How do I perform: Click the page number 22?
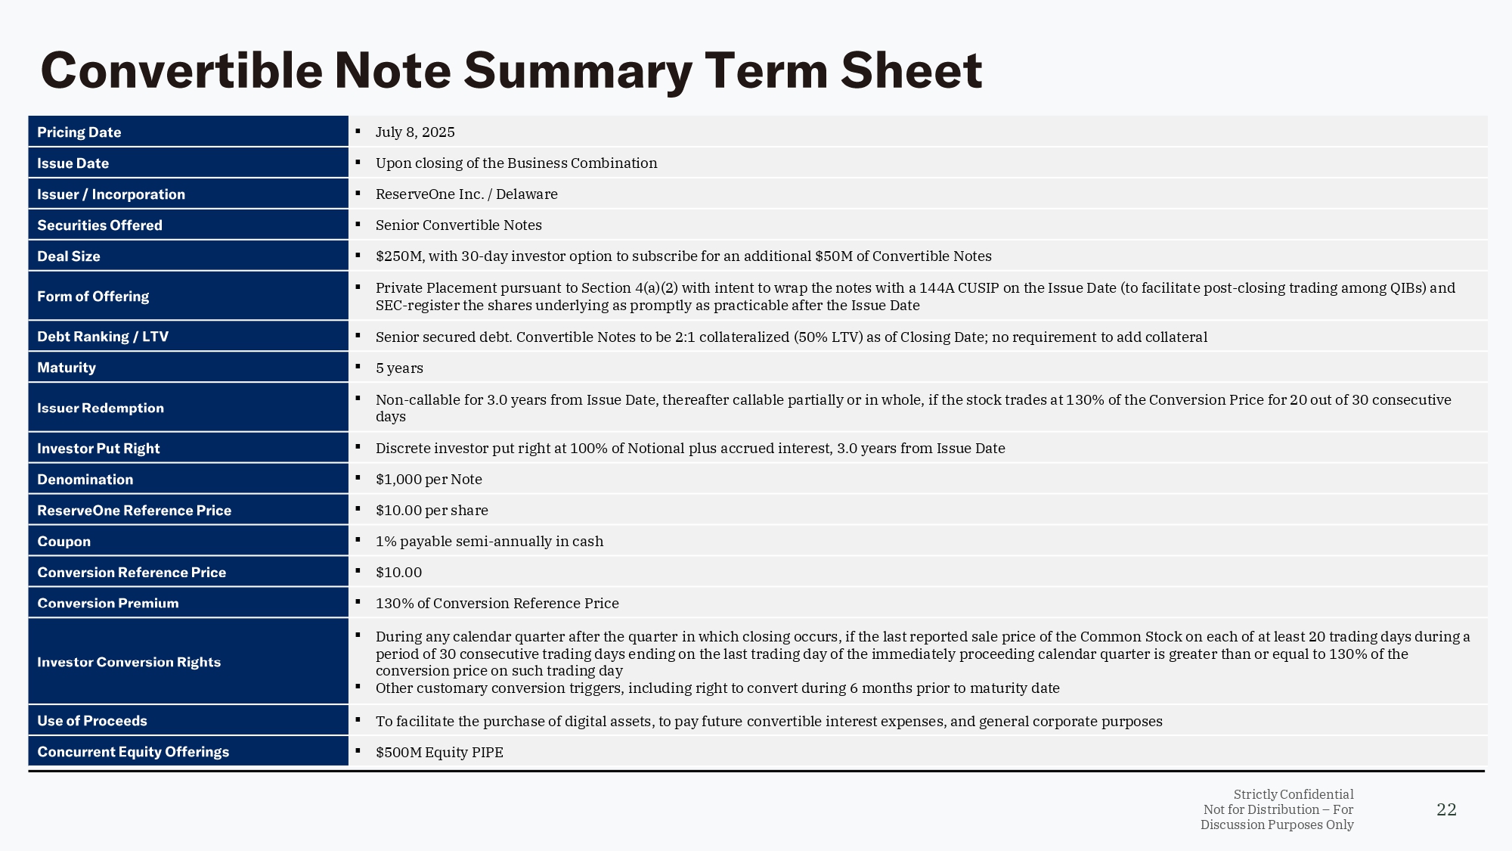point(1445,809)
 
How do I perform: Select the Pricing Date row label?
point(79,132)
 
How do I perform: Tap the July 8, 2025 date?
point(415,132)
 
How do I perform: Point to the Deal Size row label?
point(68,256)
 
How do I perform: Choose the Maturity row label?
point(67,368)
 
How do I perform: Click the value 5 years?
point(399,368)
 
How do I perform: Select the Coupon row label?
point(64,542)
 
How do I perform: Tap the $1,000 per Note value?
point(429,480)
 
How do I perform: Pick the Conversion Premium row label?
point(107,604)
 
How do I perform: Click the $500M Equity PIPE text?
point(439,753)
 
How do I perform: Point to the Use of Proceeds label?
point(91,721)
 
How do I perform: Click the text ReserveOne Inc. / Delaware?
point(466,194)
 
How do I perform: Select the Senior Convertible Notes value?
point(458,225)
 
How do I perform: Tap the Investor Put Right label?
point(98,449)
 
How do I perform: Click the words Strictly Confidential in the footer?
point(1293,794)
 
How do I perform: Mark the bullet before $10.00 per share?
point(358,509)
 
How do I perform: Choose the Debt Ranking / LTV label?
point(102,337)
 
